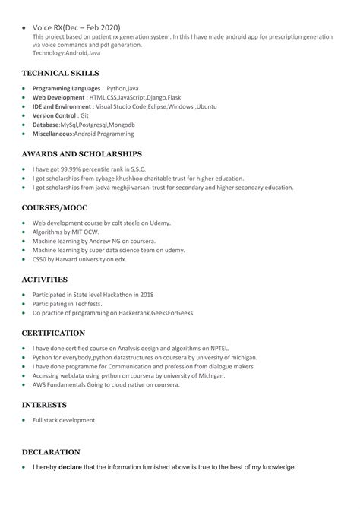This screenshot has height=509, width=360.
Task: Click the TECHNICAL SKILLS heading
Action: click(61, 74)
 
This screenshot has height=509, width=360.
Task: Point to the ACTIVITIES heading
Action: click(45, 279)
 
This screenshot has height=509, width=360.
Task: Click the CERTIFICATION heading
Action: click(53, 333)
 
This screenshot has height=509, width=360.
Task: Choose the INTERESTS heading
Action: click(44, 405)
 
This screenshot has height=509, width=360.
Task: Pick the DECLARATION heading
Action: click(51, 451)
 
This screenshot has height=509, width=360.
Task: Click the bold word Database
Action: click(46, 125)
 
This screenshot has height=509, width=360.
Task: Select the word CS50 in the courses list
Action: click(39, 259)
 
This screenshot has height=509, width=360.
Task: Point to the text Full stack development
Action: click(64, 420)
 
